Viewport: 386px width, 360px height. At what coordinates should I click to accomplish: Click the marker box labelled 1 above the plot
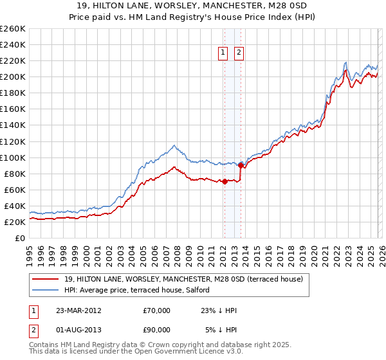click(223, 53)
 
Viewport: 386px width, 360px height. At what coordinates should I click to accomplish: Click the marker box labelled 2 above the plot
click(239, 53)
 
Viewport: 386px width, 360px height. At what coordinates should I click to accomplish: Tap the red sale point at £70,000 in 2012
click(225, 181)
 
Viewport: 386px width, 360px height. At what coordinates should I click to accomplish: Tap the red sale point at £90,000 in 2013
click(240, 165)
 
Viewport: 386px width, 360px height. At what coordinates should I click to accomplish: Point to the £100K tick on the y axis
click(13, 157)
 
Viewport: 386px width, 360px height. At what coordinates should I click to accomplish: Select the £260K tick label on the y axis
click(13, 29)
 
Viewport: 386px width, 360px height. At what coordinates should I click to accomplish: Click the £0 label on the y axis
click(20, 239)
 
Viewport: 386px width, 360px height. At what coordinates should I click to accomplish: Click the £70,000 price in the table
click(157, 310)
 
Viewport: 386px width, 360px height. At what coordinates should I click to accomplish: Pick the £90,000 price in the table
click(157, 331)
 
